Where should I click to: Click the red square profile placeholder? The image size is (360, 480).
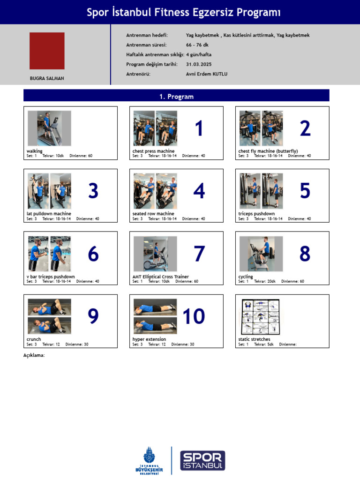tap(47, 51)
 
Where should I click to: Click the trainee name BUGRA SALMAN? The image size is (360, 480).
tap(47, 79)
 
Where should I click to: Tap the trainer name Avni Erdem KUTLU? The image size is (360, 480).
tap(207, 74)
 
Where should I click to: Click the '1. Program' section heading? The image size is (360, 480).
tap(176, 97)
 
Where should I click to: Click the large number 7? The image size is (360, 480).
tap(199, 254)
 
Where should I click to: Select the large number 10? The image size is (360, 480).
tap(194, 316)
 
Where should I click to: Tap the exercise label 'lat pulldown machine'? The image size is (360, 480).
tap(49, 214)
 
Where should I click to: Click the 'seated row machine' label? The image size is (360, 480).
tap(153, 214)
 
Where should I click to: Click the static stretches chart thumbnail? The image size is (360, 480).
tap(260, 317)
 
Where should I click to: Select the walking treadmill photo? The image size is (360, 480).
tap(49, 128)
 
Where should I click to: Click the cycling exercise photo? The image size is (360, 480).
tap(261, 254)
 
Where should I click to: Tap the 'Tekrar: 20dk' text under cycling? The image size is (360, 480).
tap(265, 282)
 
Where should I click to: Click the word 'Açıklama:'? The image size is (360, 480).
tap(34, 355)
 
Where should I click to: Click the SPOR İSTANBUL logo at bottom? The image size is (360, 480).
tap(202, 460)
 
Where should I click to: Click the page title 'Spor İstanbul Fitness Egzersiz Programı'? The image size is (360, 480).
tap(184, 13)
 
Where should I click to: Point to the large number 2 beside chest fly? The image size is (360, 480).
tap(305, 128)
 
